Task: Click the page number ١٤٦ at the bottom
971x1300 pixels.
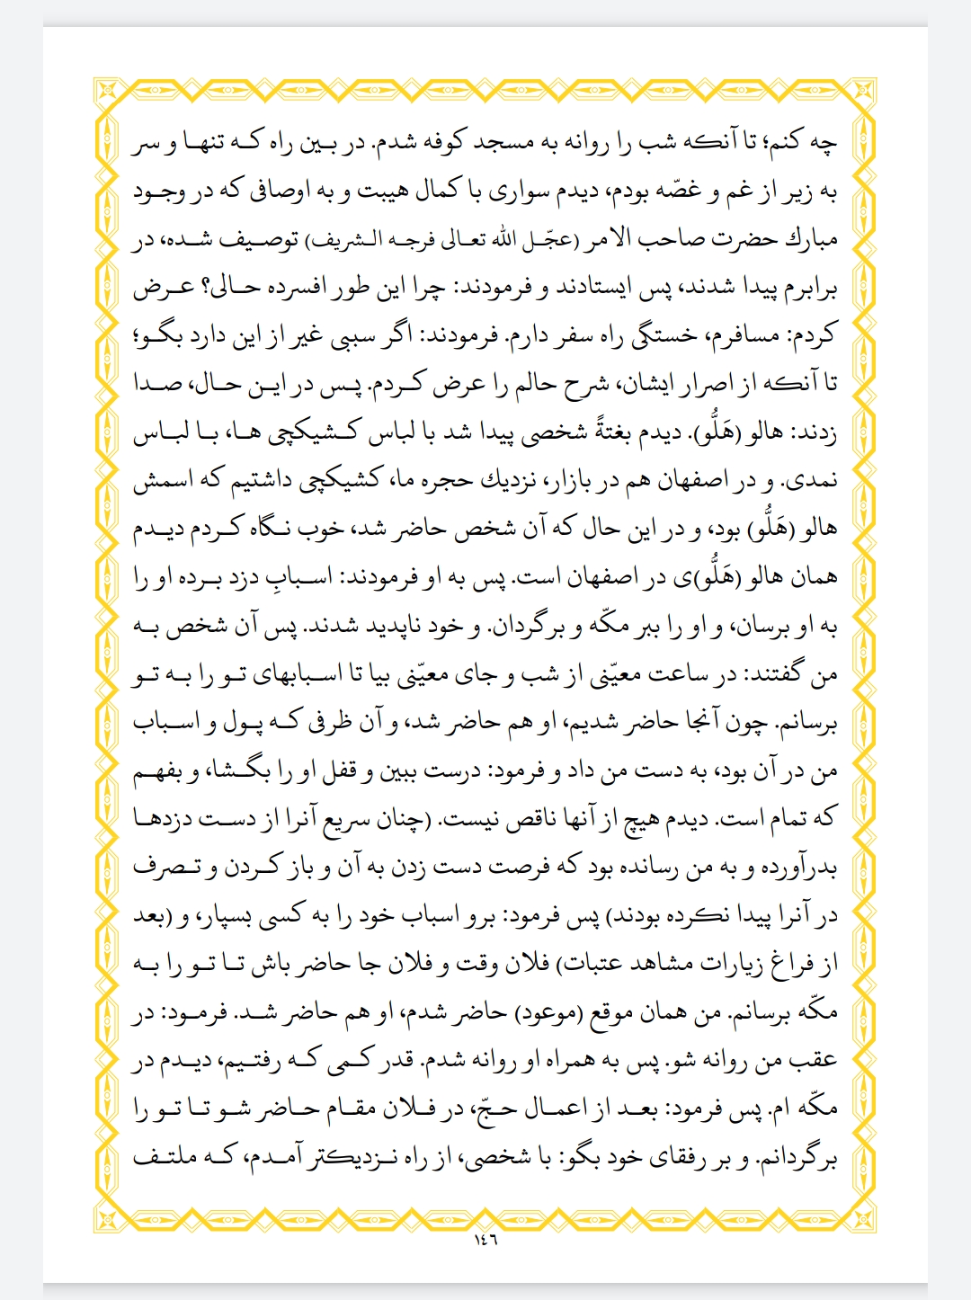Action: point(485,1241)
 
